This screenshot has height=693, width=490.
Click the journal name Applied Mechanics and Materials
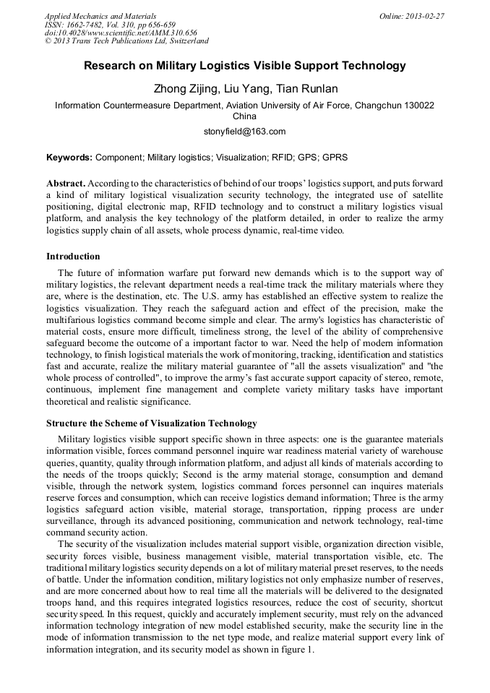(100, 16)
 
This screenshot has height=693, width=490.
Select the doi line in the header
(120, 33)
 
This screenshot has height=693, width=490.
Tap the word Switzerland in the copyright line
(184, 42)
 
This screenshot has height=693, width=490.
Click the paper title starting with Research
(244, 66)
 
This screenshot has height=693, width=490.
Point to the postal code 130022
(414, 105)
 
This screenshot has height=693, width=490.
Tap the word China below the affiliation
(244, 116)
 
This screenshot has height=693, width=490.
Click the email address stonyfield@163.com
(244, 132)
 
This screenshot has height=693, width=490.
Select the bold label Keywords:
(69, 157)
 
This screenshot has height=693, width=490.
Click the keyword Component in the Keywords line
(119, 157)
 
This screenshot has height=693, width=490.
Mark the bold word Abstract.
(66, 183)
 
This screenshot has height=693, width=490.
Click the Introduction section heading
(73, 257)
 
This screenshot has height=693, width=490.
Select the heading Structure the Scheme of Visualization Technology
(151, 423)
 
